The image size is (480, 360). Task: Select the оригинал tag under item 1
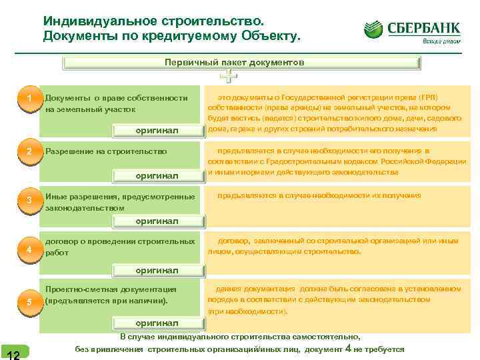click(157, 130)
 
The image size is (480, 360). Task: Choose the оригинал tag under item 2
click(157, 175)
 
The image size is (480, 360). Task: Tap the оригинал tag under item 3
click(157, 221)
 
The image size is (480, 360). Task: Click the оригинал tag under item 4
click(157, 270)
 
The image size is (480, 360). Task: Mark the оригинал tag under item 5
click(157, 322)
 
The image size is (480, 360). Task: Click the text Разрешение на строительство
click(106, 151)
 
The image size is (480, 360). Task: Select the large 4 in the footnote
click(348, 347)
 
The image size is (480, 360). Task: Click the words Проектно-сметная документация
click(111, 289)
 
